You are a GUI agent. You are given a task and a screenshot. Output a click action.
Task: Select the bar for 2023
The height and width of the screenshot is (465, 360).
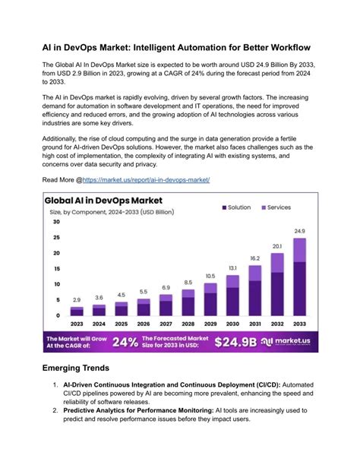(x=77, y=311)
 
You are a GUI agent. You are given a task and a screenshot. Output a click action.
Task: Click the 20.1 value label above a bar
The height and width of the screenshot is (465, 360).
(x=277, y=246)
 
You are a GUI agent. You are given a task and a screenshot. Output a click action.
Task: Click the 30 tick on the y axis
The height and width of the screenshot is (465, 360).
(x=56, y=223)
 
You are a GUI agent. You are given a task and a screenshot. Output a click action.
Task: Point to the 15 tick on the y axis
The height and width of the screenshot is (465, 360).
(x=56, y=269)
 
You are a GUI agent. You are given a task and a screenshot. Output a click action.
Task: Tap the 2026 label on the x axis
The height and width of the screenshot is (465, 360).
(x=144, y=324)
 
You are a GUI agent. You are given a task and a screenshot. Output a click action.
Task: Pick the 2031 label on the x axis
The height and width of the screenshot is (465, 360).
(x=255, y=324)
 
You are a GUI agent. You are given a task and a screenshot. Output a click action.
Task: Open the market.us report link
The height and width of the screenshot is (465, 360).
(x=146, y=180)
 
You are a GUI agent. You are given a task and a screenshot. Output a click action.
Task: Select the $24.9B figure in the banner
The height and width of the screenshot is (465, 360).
(x=236, y=342)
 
